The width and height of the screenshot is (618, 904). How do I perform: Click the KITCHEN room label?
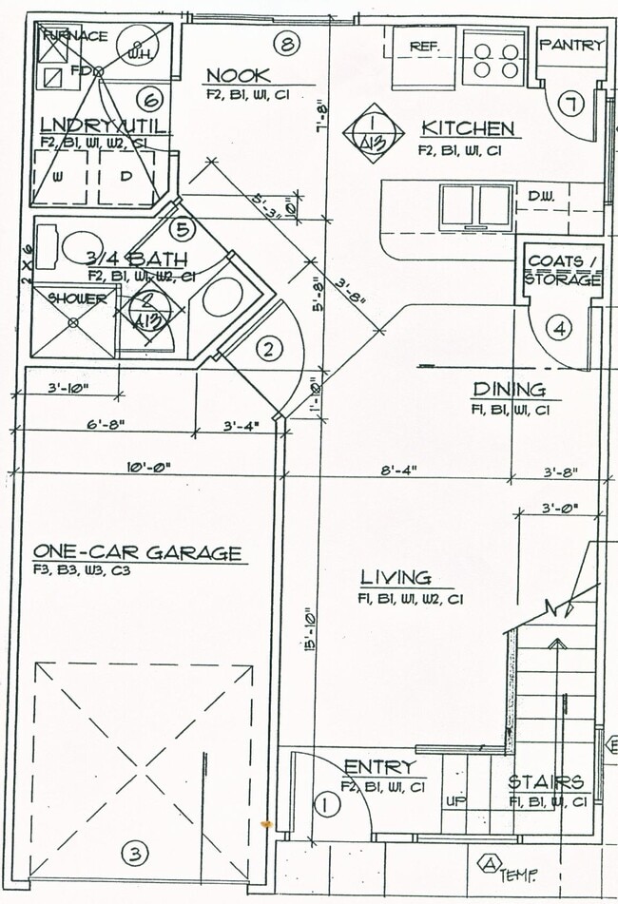click(x=468, y=128)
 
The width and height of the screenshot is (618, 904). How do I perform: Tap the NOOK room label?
click(x=238, y=75)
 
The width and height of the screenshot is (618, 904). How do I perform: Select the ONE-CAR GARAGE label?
click(x=138, y=552)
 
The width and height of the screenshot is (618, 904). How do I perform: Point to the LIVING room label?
click(x=395, y=577)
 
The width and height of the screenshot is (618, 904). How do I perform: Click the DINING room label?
click(x=509, y=389)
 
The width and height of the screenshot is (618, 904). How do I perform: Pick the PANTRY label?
click(x=570, y=45)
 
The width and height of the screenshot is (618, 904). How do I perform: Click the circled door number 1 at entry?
click(x=326, y=806)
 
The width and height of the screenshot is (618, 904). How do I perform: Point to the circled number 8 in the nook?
click(x=287, y=42)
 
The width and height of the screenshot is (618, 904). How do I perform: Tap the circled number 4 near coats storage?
click(x=560, y=329)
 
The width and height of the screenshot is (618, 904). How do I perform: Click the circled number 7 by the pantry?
click(x=570, y=104)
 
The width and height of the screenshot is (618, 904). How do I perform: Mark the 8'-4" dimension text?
click(x=395, y=470)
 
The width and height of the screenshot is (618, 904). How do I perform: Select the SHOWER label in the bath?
click(x=78, y=298)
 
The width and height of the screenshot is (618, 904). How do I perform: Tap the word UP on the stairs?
click(x=454, y=801)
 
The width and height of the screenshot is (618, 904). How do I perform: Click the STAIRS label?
click(x=545, y=781)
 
